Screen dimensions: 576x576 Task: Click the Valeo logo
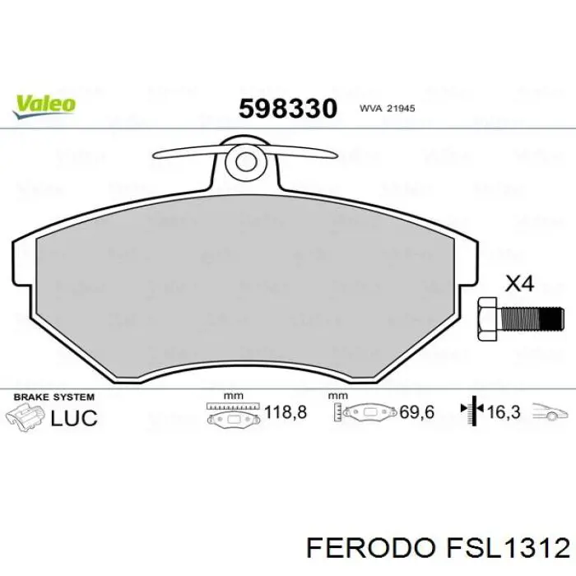[44, 103]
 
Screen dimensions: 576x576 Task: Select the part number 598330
[288, 108]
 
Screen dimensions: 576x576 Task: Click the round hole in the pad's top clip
[244, 160]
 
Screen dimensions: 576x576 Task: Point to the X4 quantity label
[518, 285]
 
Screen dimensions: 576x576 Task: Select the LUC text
[74, 417]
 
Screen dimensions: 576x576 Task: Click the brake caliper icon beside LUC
[25, 416]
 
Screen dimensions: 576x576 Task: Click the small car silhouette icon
[548, 411]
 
